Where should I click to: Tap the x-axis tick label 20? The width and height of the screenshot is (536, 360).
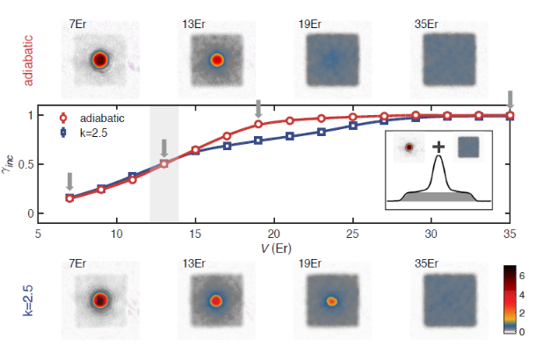[274, 234]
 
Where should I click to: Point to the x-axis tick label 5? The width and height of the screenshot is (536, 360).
[39, 234]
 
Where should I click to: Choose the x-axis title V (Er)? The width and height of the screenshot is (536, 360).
[274, 249]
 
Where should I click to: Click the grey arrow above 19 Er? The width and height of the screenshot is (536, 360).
[258, 108]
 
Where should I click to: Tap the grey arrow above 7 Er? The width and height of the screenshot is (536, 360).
[69, 181]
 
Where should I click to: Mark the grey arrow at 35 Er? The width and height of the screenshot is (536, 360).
[511, 98]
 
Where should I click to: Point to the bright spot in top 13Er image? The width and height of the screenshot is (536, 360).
[216, 61]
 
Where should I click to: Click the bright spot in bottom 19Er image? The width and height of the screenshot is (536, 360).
[331, 300]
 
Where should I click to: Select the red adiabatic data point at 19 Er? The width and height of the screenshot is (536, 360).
[258, 124]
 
